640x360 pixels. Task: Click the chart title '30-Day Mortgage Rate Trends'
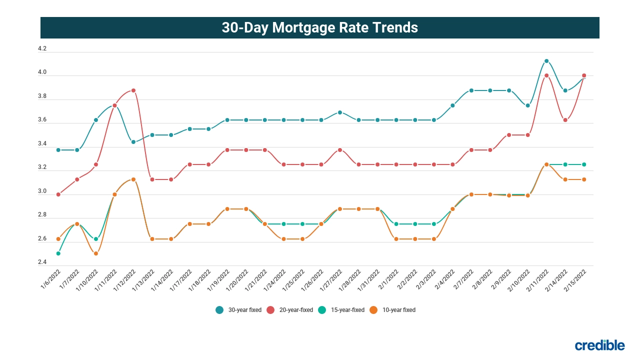[319, 27]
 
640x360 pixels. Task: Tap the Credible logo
[599, 345]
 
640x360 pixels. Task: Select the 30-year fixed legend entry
[238, 310]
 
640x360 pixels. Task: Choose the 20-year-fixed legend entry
[290, 310]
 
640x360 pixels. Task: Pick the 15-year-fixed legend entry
[341, 310]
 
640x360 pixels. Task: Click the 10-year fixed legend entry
[393, 310]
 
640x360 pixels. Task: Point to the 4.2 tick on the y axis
[42, 49]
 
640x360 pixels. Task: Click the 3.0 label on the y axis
[42, 191]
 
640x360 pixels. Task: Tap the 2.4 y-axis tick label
[42, 262]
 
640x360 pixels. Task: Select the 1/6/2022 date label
[51, 279]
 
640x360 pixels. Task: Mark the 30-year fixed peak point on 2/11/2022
[546, 61]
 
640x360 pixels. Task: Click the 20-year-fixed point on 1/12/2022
[133, 90]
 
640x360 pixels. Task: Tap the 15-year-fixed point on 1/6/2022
[58, 253]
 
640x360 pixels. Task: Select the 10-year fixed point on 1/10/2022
[96, 253]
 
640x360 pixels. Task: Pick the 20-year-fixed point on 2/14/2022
[565, 120]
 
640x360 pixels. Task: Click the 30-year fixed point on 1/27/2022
[340, 112]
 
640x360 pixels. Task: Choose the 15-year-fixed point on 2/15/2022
[584, 164]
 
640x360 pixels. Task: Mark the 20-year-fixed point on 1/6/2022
[58, 194]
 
